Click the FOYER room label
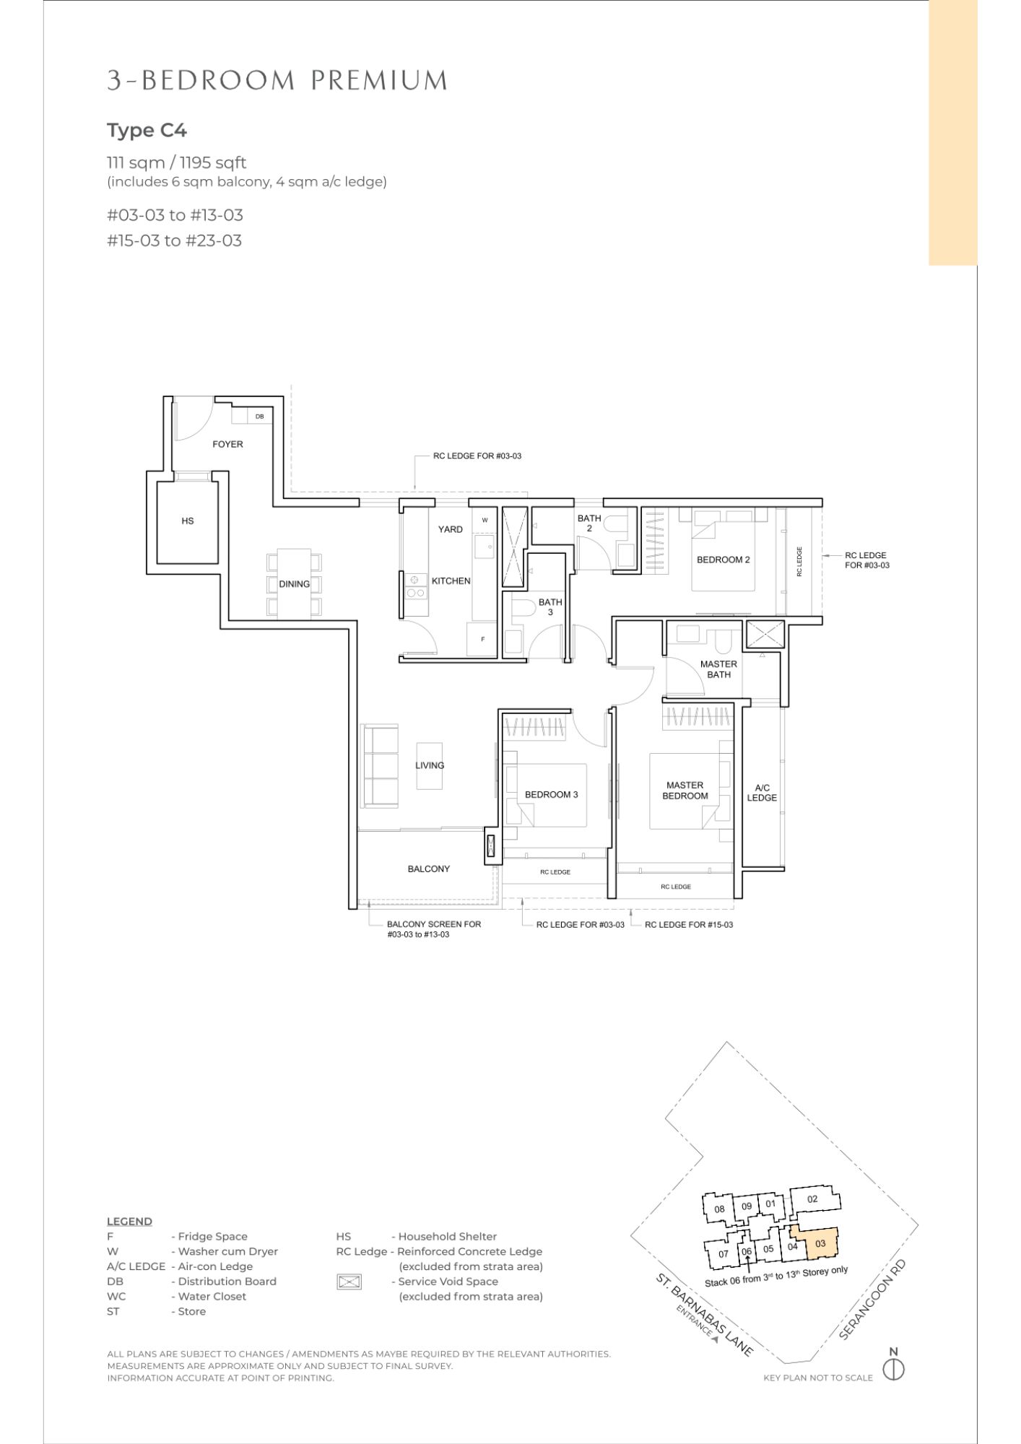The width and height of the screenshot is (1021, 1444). [x=227, y=444]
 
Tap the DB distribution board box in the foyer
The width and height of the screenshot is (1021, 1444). [x=259, y=417]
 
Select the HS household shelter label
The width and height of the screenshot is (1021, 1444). [x=188, y=521]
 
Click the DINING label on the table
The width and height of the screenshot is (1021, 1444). [x=294, y=584]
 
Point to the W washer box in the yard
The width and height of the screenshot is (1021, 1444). [x=485, y=520]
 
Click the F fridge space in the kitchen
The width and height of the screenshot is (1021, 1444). [x=483, y=639]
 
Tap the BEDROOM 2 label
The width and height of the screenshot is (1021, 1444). [x=724, y=560]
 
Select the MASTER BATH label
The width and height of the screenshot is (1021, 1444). [x=718, y=669]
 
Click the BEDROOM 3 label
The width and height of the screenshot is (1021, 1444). [x=551, y=794]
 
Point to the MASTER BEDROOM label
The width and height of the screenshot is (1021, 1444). [x=685, y=791]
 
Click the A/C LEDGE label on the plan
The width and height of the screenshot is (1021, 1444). [x=762, y=793]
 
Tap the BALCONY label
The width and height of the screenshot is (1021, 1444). [x=428, y=869]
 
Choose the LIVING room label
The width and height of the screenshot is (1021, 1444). [x=430, y=765]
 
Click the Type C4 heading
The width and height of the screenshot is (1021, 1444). [x=147, y=131]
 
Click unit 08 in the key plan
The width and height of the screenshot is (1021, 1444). [x=719, y=1209]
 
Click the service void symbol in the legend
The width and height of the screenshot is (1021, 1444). [x=349, y=1282]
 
